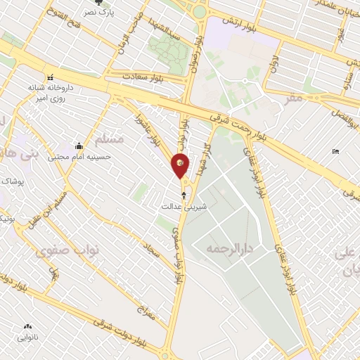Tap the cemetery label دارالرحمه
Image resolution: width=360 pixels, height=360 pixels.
(x=229, y=249)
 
